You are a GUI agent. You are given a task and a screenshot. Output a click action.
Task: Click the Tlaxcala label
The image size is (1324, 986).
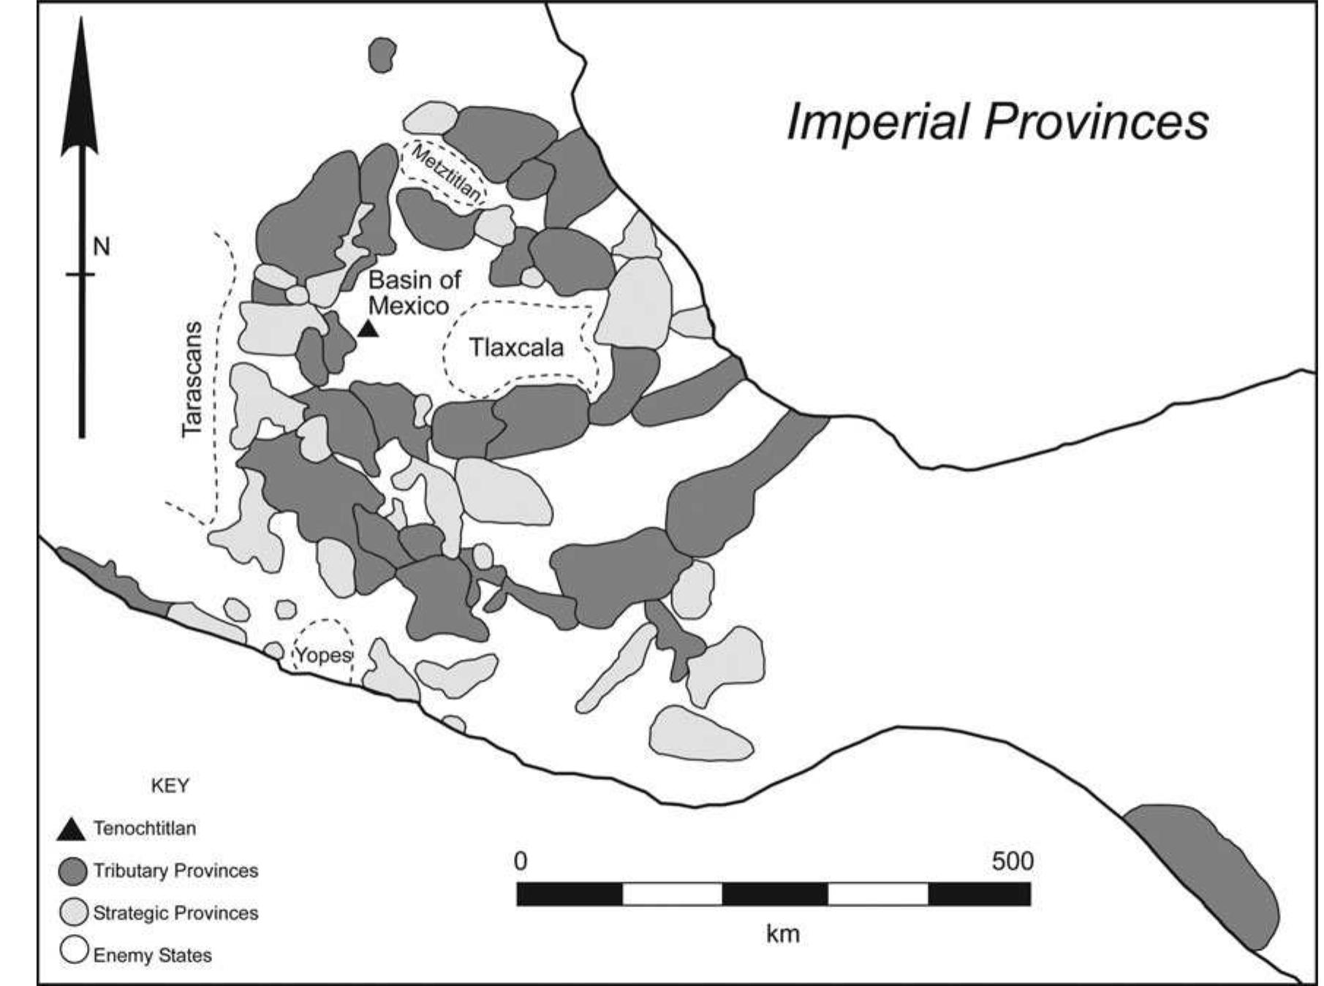tap(516, 348)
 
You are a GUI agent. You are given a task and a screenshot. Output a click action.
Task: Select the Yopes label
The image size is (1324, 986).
tap(322, 655)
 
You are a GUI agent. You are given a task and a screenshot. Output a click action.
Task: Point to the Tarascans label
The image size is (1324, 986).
tap(192, 379)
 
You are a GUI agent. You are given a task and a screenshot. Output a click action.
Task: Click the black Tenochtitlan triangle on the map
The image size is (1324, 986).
tap(368, 329)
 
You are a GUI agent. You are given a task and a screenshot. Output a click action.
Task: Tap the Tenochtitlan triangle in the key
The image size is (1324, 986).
tap(72, 830)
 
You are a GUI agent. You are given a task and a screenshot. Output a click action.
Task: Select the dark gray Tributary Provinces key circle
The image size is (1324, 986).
tap(72, 871)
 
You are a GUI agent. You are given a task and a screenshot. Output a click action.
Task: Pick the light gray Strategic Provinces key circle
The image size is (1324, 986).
tap(72, 913)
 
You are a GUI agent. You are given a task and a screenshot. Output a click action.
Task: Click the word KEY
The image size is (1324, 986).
tap(170, 786)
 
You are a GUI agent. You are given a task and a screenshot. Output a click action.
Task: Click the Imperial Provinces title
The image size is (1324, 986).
tap(997, 121)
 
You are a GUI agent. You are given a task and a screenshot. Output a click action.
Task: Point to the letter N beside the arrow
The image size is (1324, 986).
tap(102, 247)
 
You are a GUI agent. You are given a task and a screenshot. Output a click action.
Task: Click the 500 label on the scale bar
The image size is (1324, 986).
tap(1012, 862)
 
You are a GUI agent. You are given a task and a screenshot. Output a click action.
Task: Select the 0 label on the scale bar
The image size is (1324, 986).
tap(520, 862)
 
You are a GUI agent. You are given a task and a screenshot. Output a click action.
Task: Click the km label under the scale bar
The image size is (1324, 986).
tap(782, 933)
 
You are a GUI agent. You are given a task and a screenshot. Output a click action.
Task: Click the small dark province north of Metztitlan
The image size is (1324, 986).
tap(382, 56)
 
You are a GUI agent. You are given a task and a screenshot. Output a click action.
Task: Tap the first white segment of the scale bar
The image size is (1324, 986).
tap(672, 894)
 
